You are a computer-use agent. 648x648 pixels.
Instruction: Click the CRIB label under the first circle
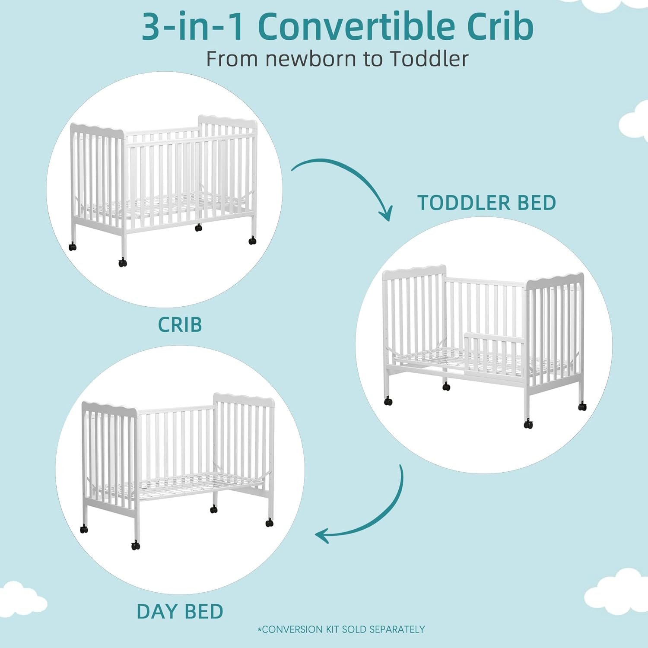pyautogui.click(x=180, y=325)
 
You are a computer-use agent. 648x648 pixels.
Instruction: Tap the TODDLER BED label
pyautogui.click(x=486, y=203)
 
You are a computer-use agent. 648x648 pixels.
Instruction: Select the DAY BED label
pyautogui.click(x=180, y=611)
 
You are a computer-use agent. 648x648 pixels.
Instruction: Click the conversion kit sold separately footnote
pyautogui.click(x=341, y=629)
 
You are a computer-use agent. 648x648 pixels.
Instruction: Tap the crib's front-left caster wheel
pyautogui.click(x=123, y=262)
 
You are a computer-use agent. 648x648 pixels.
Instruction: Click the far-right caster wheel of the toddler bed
pyautogui.click(x=582, y=406)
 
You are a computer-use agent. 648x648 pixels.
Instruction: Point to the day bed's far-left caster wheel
pyautogui.click(x=84, y=529)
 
